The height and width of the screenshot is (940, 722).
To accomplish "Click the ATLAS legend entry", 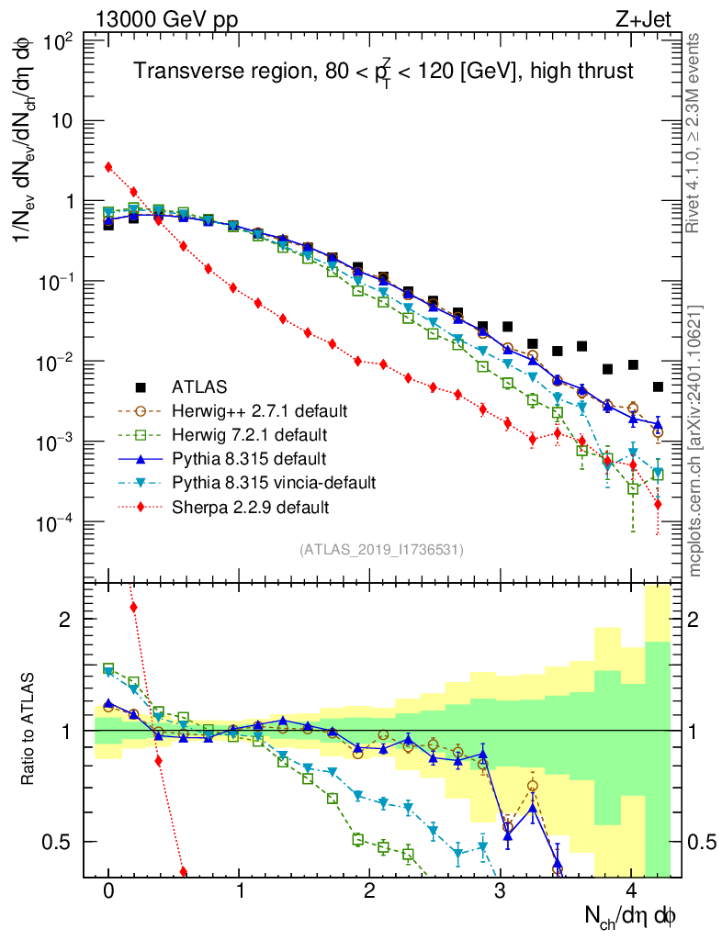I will click(200, 386).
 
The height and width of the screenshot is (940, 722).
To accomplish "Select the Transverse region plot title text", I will click(383, 71).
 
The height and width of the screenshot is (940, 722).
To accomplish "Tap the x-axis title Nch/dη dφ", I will click(631, 915).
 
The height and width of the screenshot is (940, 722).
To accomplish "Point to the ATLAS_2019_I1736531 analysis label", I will click(381, 549).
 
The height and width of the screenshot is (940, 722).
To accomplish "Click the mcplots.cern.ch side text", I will click(695, 441).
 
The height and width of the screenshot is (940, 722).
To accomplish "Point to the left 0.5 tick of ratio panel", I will click(62, 842).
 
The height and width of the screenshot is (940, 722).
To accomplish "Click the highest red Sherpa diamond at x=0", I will click(108, 167).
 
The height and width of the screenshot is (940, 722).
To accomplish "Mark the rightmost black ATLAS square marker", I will click(658, 386).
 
